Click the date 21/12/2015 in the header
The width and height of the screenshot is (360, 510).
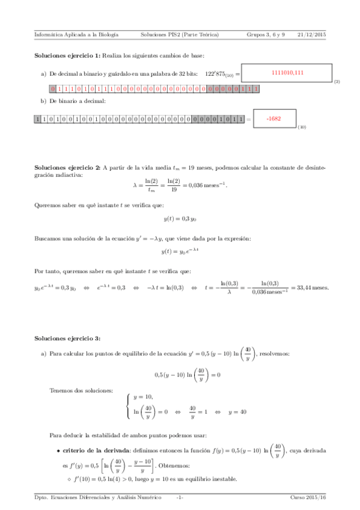click(x=311, y=34)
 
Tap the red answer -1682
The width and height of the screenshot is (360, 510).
click(x=273, y=118)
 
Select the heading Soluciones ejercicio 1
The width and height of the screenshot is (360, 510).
click(x=67, y=55)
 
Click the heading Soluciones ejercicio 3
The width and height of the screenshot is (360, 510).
click(x=67, y=339)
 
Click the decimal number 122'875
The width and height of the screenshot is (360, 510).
click(x=219, y=73)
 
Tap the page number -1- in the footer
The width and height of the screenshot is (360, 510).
click(x=180, y=497)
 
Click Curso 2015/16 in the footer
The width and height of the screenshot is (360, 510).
click(x=308, y=497)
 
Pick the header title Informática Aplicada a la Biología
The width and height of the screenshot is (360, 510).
click(x=76, y=34)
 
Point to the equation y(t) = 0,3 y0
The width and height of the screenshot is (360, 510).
click(x=180, y=220)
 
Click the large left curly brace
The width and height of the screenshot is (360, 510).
click(x=128, y=404)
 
